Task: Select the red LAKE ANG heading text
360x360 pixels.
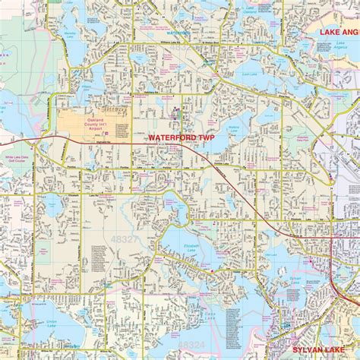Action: click(339, 32)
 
